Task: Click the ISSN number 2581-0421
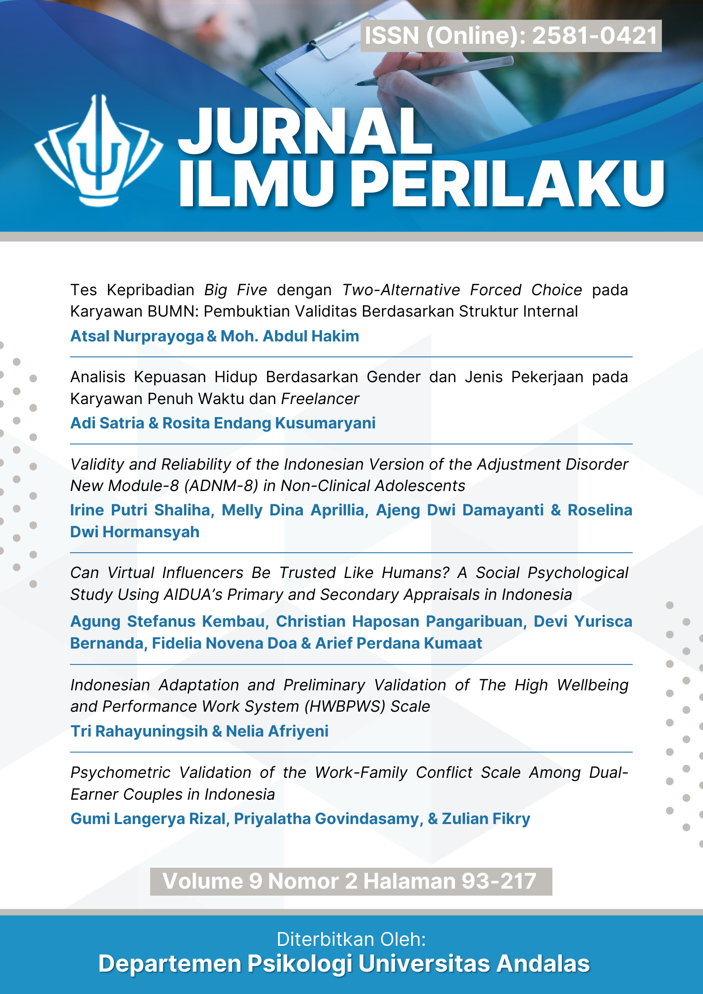point(595,36)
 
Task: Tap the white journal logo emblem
point(98,149)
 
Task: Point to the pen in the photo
point(438,72)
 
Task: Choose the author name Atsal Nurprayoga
point(137,336)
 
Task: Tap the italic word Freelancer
point(320,399)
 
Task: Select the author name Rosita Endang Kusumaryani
point(268,423)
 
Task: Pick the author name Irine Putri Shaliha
point(142,510)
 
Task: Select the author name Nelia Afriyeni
point(277,732)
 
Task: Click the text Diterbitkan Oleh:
point(351,939)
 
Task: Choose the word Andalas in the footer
point(543,964)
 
